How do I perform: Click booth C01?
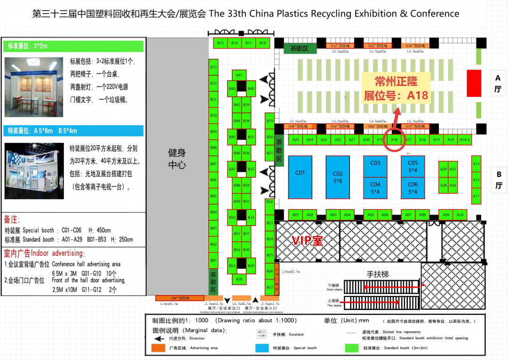300,176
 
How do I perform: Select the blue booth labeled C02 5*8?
338,177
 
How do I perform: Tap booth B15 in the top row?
221,43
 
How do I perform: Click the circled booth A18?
394,140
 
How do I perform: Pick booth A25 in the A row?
295,140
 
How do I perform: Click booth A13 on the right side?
476,164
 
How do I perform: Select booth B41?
239,75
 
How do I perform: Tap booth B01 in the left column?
214,260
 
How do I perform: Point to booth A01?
295,215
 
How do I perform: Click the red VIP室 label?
308,241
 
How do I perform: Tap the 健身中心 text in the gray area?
177,159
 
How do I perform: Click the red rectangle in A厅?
474,83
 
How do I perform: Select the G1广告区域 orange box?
340,46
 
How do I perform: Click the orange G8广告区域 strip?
180,298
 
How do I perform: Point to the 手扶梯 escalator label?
378,274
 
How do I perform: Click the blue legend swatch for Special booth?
262,348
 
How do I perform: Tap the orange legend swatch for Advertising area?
158,348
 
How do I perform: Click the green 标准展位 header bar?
74,46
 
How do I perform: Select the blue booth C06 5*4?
413,188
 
